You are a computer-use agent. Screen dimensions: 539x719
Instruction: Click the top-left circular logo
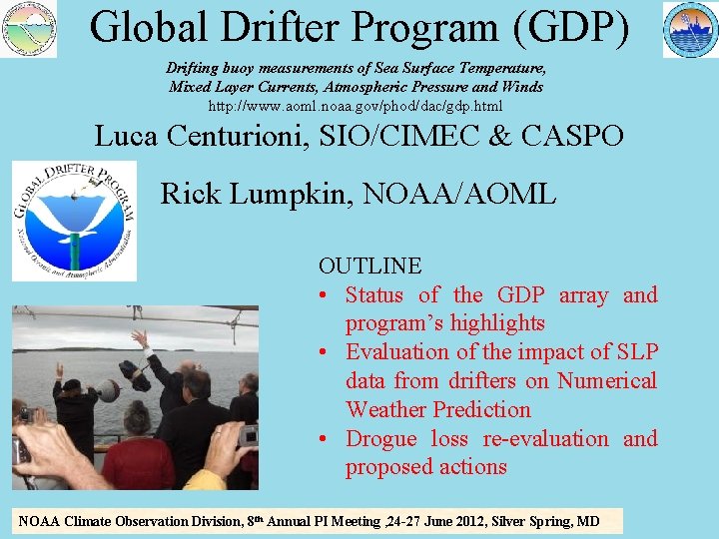(29, 28)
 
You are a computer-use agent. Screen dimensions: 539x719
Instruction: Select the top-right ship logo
(690, 29)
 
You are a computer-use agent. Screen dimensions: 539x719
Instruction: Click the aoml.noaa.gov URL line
(355, 105)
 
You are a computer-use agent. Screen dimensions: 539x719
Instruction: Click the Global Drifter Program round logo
(74, 221)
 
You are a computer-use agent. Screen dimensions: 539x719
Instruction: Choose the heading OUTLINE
(369, 266)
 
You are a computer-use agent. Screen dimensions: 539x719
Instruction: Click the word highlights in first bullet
(496, 323)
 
